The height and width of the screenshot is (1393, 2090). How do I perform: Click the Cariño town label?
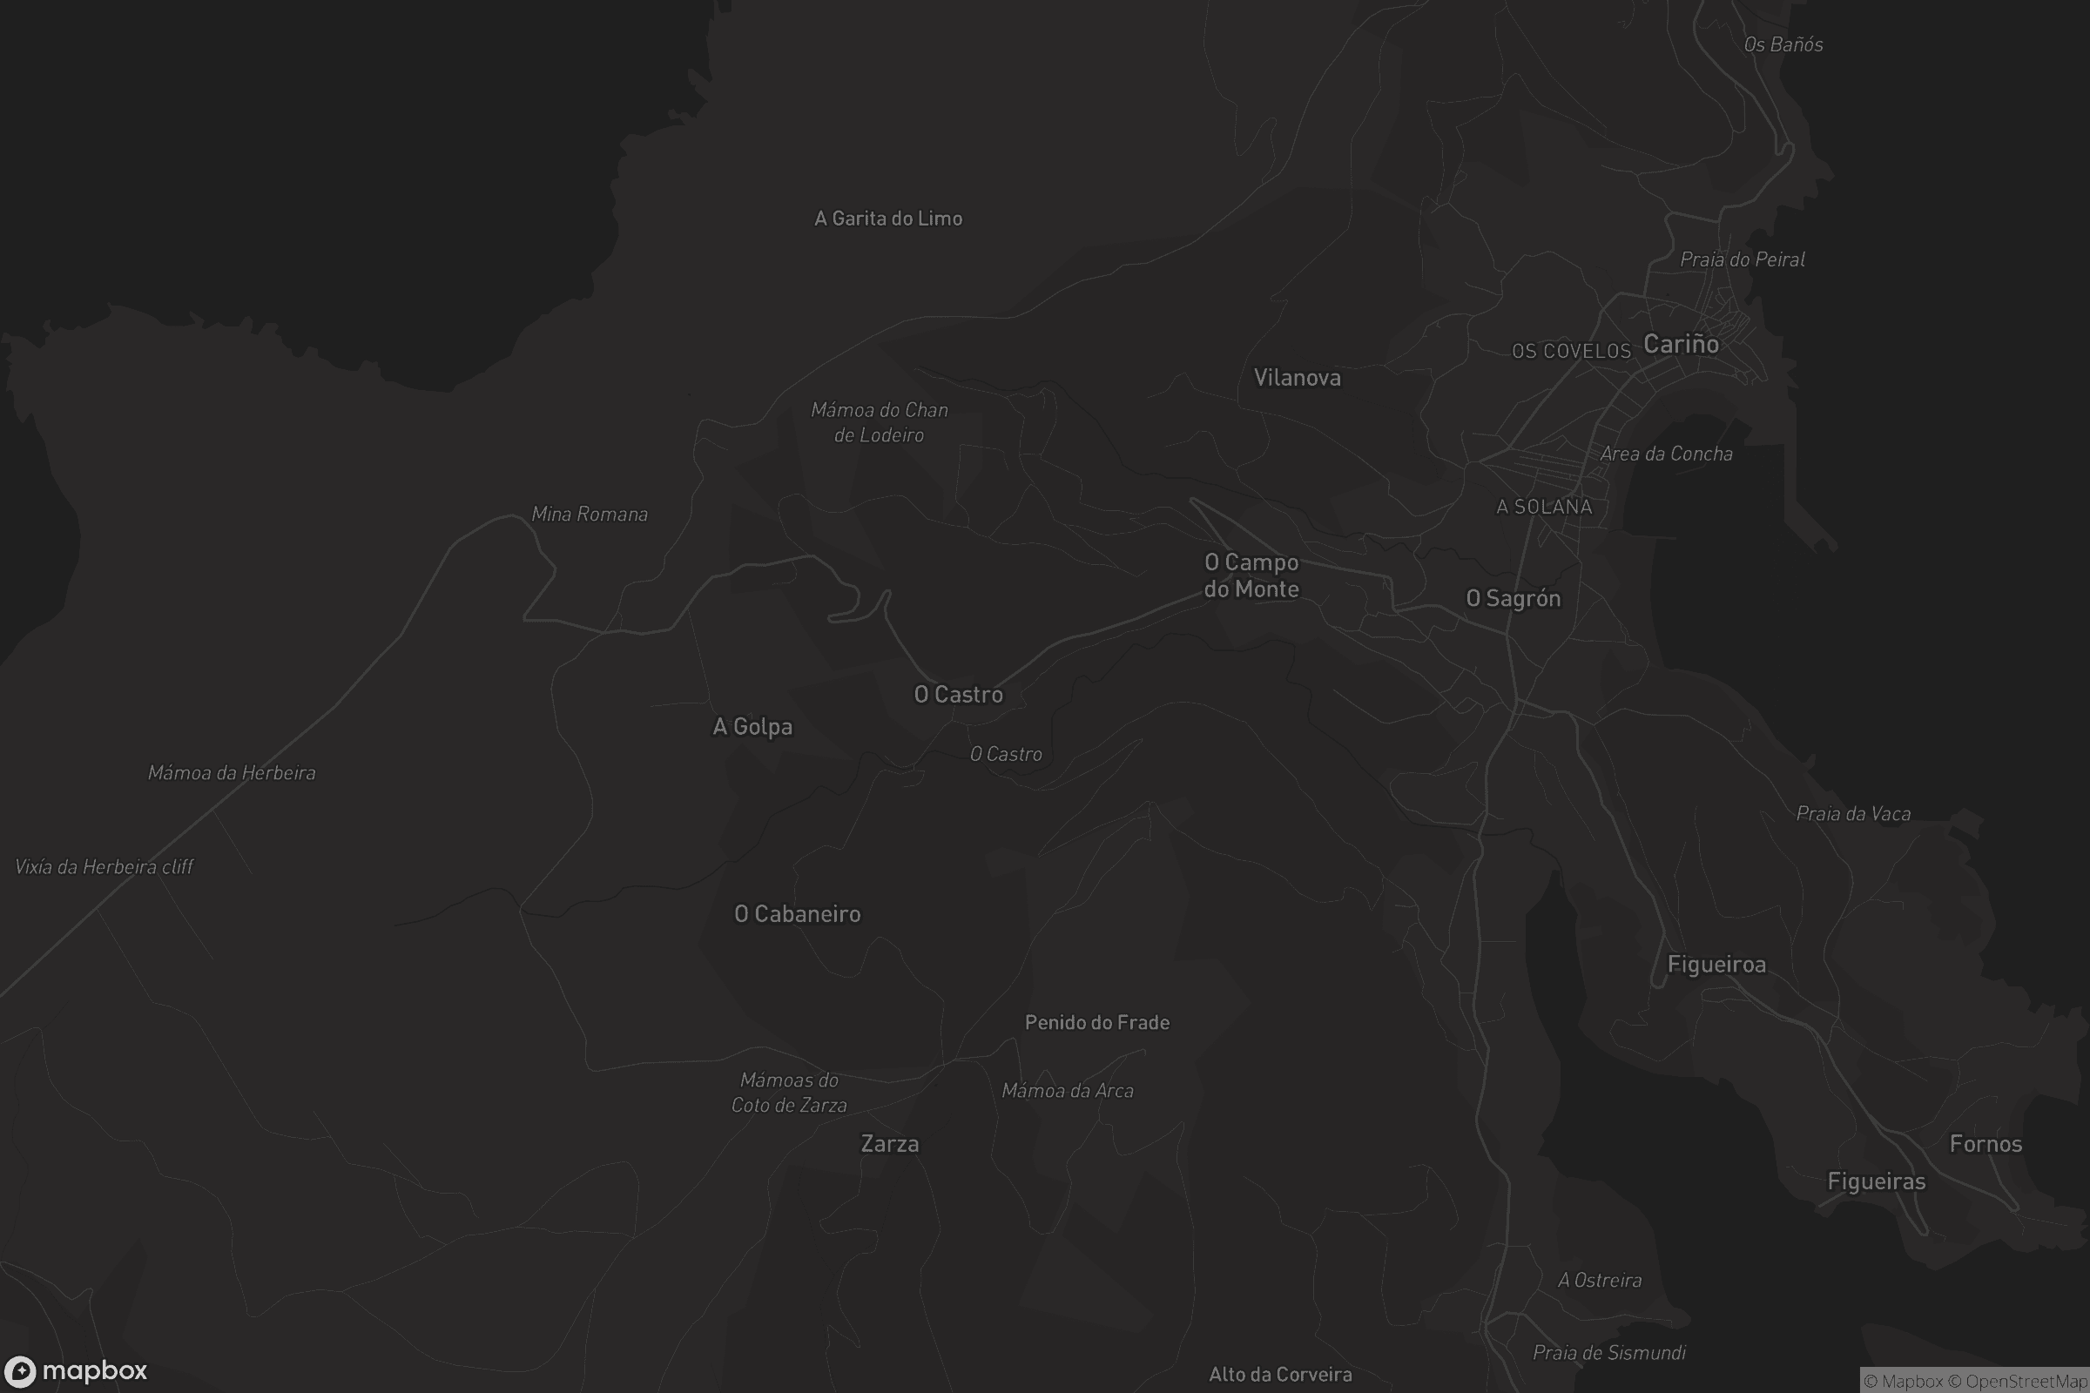click(1681, 345)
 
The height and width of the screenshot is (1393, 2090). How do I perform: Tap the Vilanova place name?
click(1297, 379)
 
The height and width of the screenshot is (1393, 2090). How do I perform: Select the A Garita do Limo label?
click(887, 219)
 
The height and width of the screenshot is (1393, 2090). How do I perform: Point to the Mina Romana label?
click(590, 515)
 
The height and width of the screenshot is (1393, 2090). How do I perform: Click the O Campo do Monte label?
click(1251, 575)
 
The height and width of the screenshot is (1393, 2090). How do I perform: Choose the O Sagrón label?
click(1513, 599)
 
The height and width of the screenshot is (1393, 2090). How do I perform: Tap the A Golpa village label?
click(752, 727)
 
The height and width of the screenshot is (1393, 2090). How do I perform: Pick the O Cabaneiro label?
click(797, 914)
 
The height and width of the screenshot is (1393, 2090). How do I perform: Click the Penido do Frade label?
click(1096, 1022)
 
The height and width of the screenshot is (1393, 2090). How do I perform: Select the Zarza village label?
click(889, 1144)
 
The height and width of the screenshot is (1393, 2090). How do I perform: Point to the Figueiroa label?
click(1716, 965)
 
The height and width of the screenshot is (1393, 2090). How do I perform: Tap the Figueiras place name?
click(1876, 1181)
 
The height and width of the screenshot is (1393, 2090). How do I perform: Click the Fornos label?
click(1985, 1144)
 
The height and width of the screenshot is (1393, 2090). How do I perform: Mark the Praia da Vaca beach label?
click(1853, 814)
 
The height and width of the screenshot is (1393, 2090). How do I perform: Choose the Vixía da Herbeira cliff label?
click(104, 867)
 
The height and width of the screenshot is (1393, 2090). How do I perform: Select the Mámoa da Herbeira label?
click(231, 773)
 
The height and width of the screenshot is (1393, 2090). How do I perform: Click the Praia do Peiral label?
click(1742, 259)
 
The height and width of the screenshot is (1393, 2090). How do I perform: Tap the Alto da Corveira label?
click(1279, 1376)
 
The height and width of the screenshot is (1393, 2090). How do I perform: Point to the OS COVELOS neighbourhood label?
click(1571, 352)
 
